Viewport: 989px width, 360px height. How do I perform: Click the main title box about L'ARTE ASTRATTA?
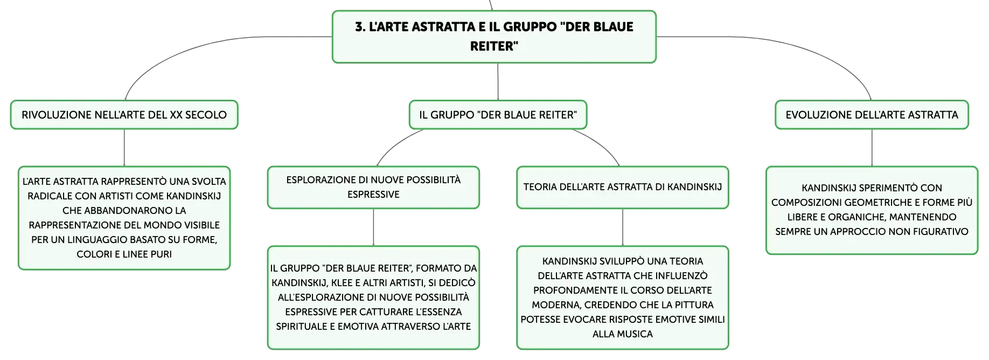click(x=494, y=37)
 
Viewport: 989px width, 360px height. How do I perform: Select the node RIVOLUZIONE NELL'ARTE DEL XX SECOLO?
click(x=124, y=115)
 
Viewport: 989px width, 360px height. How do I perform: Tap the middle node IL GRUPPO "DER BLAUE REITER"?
click(x=498, y=115)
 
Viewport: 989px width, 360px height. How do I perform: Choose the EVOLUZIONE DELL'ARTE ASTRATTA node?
click(x=872, y=115)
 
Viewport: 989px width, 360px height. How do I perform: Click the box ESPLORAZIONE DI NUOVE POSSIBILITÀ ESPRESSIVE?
click(x=373, y=187)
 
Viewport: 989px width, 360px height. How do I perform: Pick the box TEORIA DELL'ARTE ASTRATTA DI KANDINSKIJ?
click(x=623, y=187)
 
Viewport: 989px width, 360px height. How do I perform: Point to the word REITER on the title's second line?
click(x=494, y=46)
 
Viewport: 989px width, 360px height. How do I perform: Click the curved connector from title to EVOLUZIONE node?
click(x=797, y=49)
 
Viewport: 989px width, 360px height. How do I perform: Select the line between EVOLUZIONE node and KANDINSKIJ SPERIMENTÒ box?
click(x=872, y=148)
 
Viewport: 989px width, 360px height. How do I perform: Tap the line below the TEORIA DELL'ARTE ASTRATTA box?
click(x=623, y=227)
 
